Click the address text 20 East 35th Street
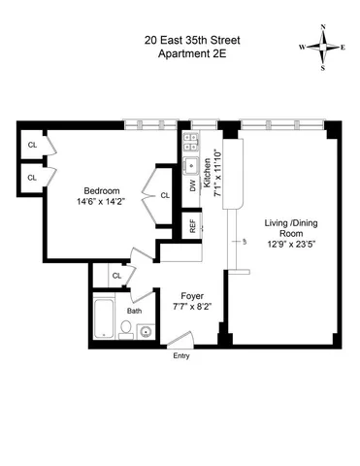179,40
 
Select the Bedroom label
101,190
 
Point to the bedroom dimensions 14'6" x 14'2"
101,203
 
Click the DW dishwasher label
192,184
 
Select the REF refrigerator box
193,225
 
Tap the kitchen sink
191,167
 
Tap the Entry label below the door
181,356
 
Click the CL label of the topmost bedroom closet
32,146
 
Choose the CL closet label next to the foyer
116,276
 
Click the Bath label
133,311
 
